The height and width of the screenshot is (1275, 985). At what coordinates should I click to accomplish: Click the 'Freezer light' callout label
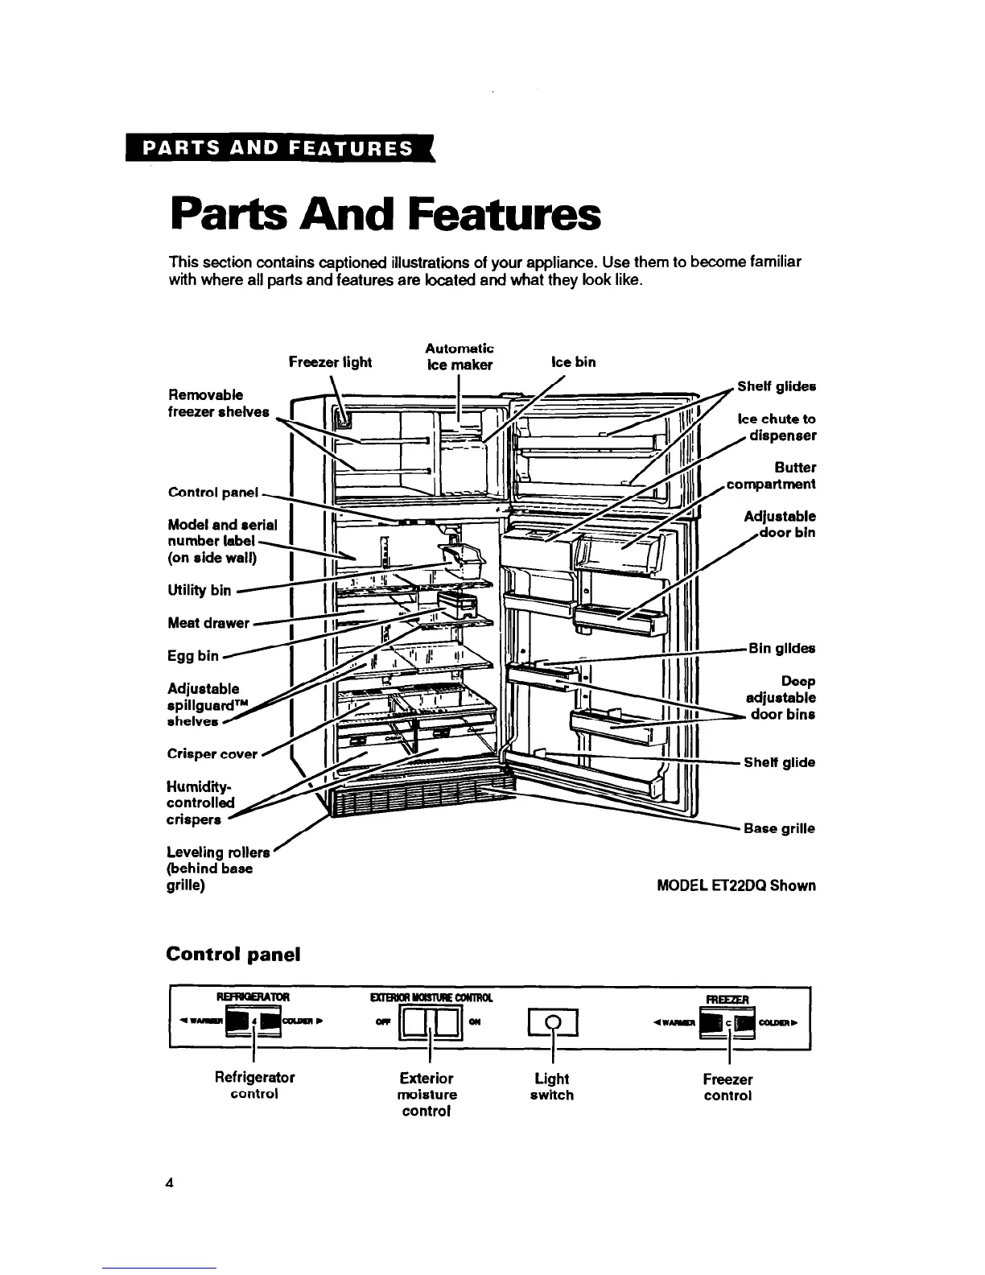[330, 362]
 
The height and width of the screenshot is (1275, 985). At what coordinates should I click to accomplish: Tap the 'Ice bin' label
[573, 362]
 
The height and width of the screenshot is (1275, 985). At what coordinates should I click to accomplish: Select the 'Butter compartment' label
[770, 476]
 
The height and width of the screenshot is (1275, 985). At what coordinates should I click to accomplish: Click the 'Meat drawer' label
[208, 622]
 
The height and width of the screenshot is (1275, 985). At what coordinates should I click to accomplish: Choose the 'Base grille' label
[779, 828]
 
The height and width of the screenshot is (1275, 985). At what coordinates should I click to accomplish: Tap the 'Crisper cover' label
[212, 754]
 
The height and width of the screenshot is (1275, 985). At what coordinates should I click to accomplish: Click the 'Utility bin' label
[199, 591]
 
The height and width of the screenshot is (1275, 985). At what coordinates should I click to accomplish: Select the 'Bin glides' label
[781, 649]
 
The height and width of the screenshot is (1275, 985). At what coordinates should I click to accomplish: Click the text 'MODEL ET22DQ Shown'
[736, 885]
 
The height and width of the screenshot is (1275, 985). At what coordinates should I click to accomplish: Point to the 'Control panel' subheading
[233, 955]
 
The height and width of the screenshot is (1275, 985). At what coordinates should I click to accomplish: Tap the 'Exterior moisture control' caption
[426, 1095]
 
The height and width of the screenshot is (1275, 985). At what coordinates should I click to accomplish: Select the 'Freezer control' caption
[727, 1087]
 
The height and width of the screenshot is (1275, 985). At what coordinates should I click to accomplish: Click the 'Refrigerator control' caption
[254, 1086]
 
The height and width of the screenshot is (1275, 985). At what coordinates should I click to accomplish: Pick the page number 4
[169, 1183]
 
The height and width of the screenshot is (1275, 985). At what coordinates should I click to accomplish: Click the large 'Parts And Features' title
[385, 213]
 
